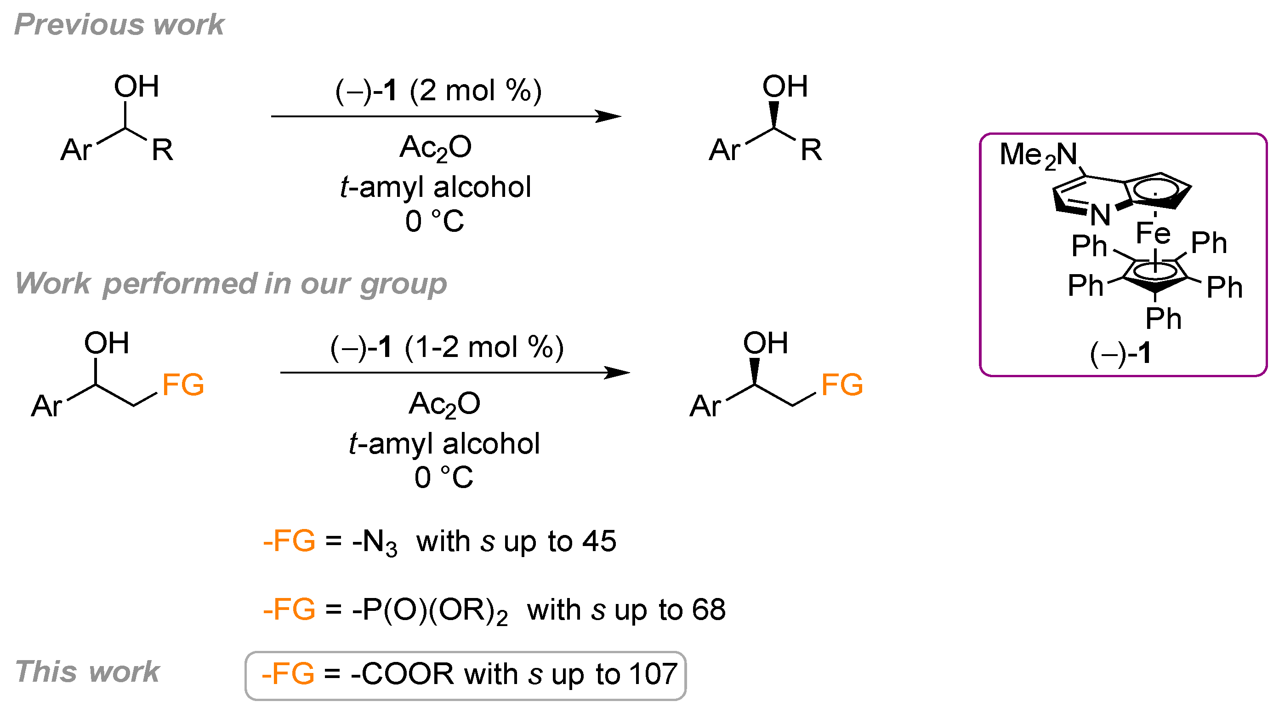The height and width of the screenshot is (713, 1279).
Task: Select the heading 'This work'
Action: pyautogui.click(x=87, y=671)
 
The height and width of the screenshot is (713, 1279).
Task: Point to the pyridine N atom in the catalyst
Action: pyautogui.click(x=1100, y=215)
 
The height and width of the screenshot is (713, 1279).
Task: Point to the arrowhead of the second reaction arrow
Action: pyautogui.click(x=618, y=373)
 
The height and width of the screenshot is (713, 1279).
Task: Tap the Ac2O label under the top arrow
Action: pyautogui.click(x=435, y=148)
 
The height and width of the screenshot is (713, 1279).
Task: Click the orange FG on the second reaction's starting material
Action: pyautogui.click(x=183, y=385)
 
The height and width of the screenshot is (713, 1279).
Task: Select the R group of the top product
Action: pyautogui.click(x=811, y=149)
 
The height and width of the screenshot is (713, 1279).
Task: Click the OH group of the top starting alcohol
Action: pyautogui.click(x=136, y=86)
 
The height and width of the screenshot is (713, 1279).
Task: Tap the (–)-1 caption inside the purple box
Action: pyautogui.click(x=1120, y=353)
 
